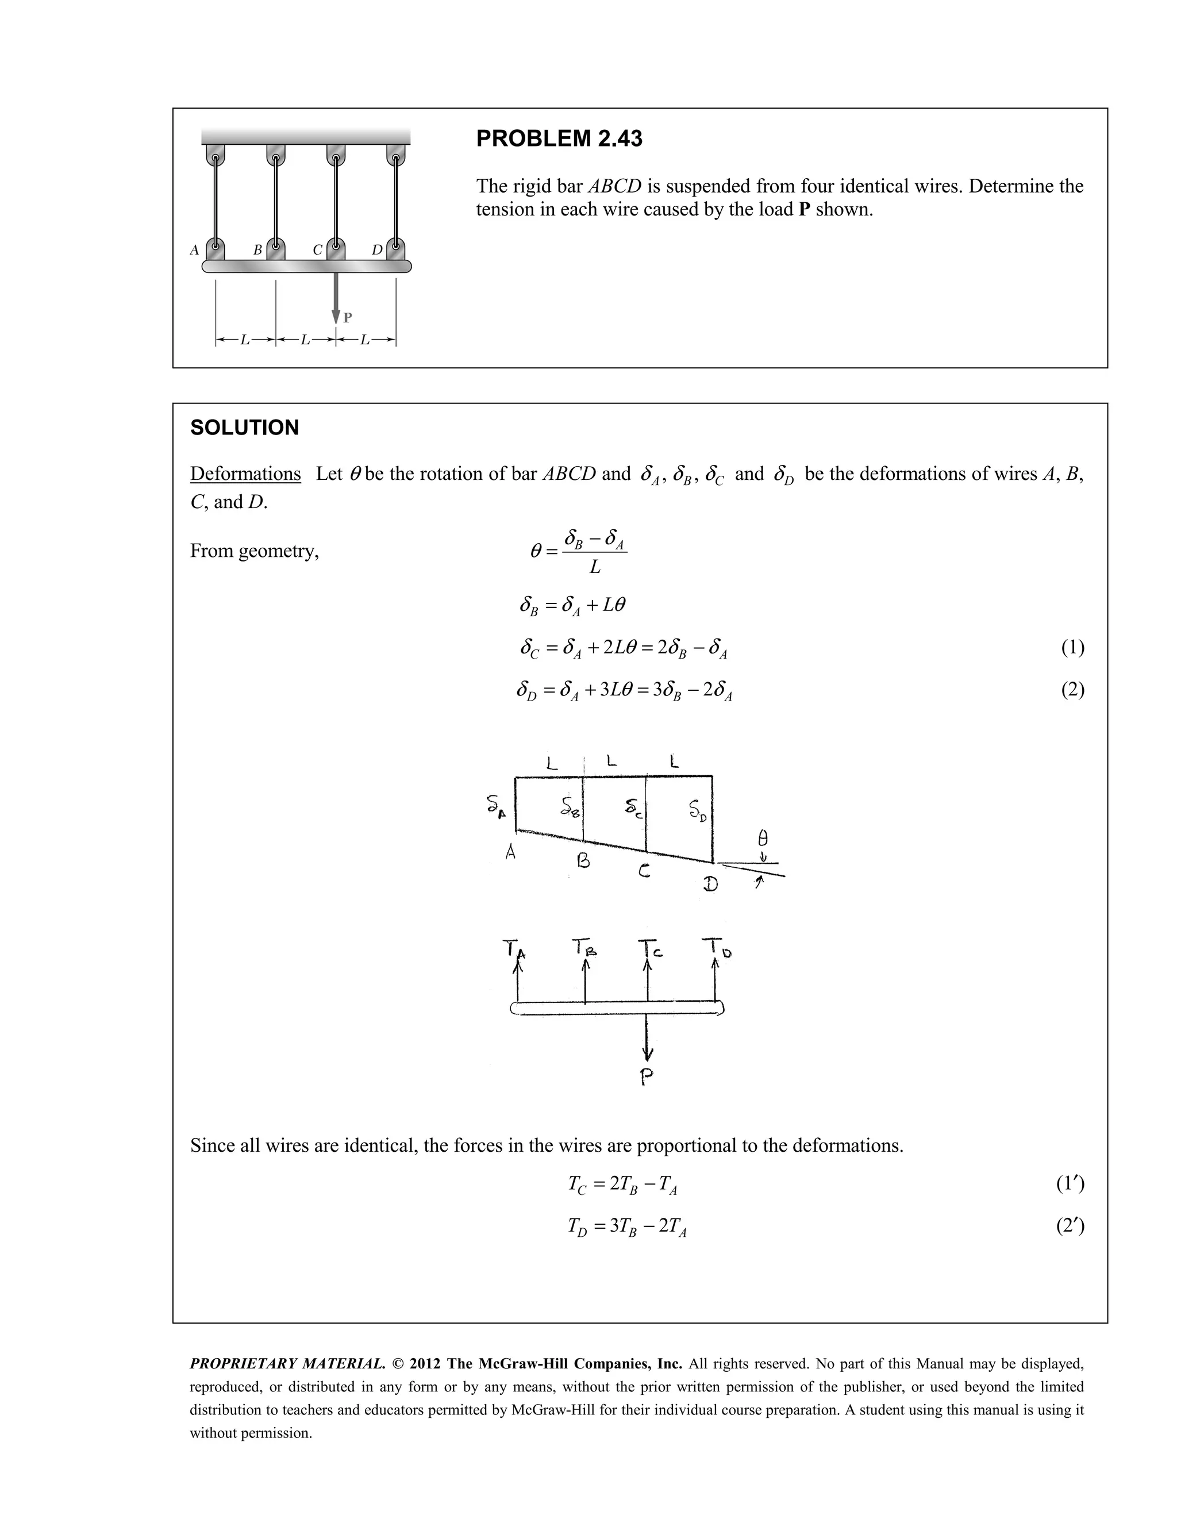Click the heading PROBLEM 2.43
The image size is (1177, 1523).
[x=559, y=139]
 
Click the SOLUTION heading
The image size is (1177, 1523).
[x=244, y=428]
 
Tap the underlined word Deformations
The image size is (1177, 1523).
[x=245, y=474]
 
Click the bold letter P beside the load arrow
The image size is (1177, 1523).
[x=348, y=318]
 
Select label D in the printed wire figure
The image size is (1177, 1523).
[x=376, y=249]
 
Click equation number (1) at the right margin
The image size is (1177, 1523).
[x=1072, y=647]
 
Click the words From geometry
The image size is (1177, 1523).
[x=255, y=551]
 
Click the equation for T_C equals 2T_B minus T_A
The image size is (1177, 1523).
[x=622, y=1184]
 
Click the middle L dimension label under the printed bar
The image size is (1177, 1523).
[x=305, y=340]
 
